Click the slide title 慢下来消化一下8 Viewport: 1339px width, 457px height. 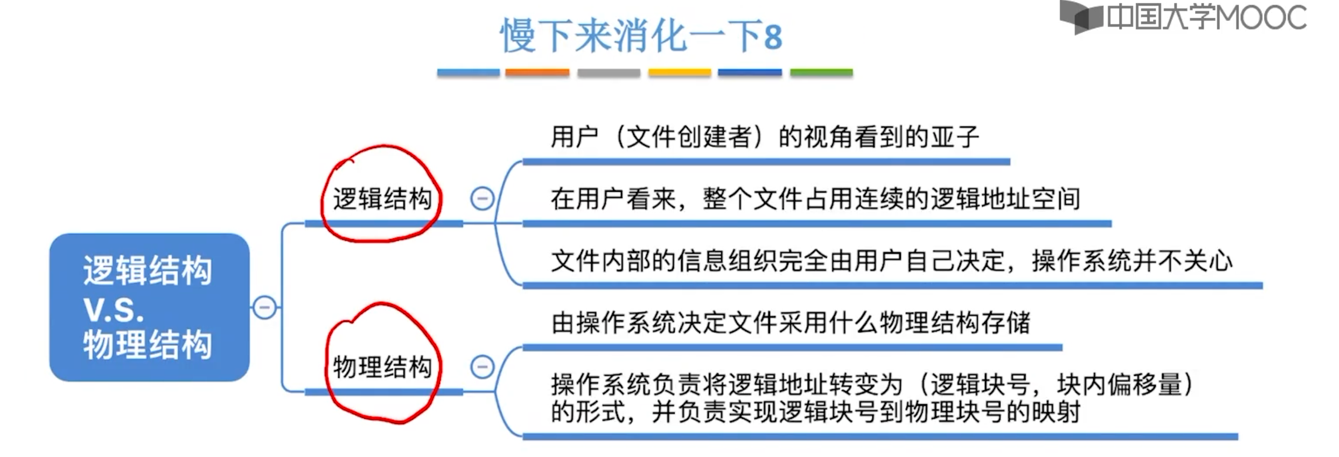641,36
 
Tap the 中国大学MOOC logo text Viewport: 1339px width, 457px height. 1206,18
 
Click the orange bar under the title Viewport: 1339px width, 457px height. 537,72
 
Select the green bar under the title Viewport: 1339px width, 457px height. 821,72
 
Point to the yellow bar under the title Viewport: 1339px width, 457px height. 679,72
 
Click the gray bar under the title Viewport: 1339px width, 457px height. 608,72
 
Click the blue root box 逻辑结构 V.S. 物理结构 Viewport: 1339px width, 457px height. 149,307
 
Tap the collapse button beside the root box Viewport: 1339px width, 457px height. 264,307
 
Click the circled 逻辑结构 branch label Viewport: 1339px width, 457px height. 382,199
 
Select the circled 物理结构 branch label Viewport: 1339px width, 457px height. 382,367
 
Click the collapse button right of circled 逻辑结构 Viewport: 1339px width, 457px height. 482,198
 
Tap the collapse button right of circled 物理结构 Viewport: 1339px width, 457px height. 482,367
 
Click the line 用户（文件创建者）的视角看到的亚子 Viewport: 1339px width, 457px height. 765,137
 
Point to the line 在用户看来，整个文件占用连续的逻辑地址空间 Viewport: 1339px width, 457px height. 815,199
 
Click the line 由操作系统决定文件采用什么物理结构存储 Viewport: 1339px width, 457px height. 790,323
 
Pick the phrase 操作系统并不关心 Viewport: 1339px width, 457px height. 1132,261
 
